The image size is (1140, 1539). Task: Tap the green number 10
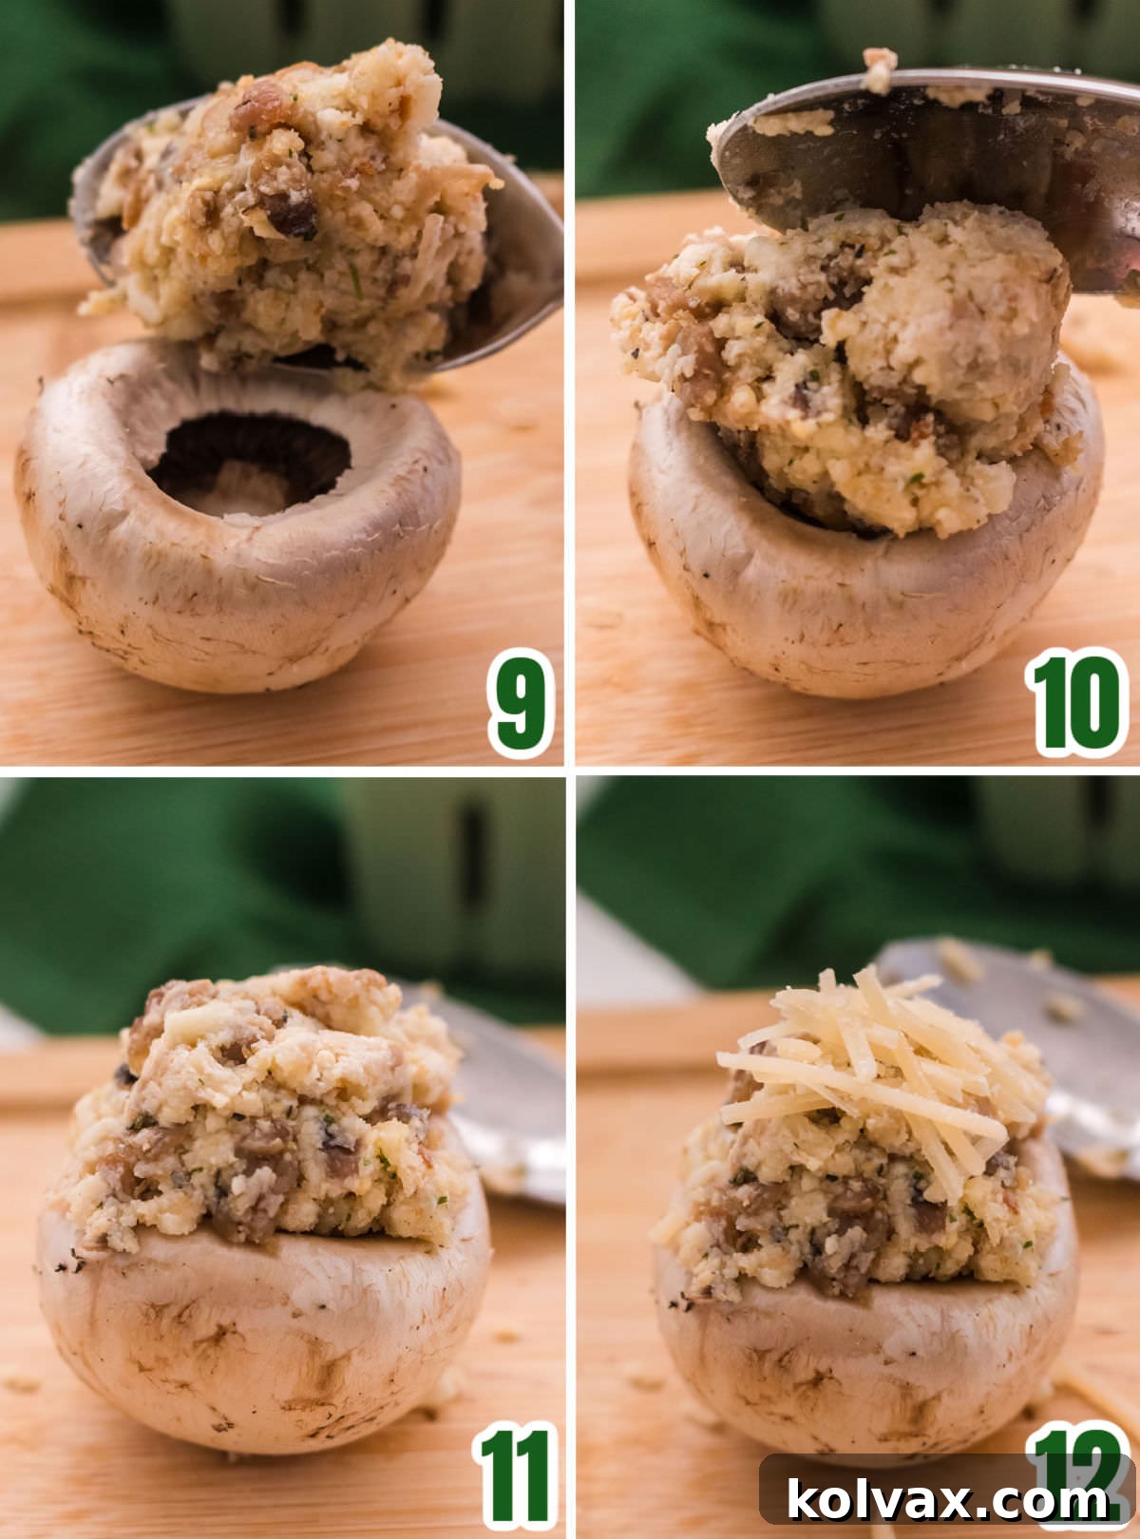[x=1075, y=703]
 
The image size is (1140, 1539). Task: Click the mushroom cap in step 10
[x=855, y=608]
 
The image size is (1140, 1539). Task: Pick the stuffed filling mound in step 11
[x=266, y=1111]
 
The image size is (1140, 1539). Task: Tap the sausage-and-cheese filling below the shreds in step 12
[x=855, y=1216]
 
